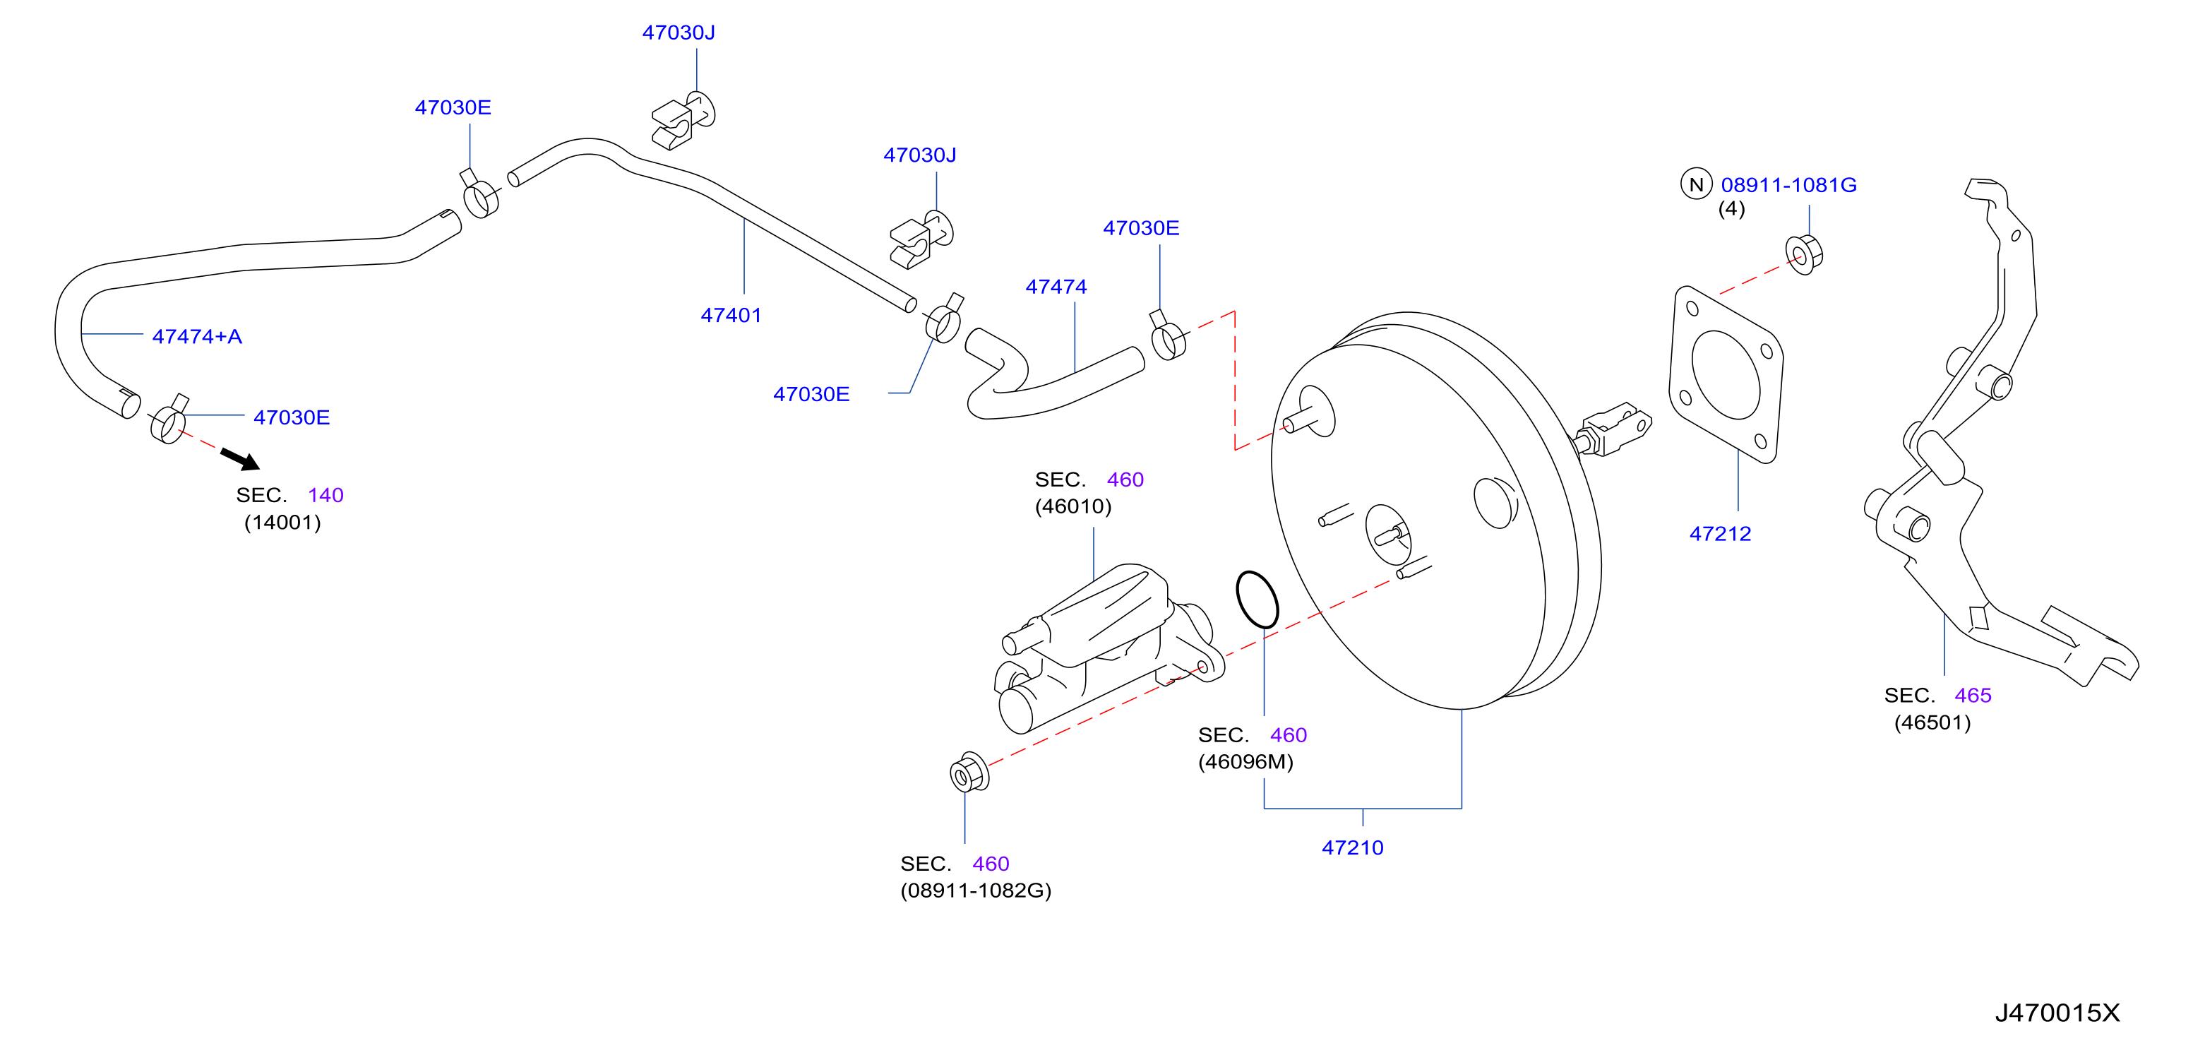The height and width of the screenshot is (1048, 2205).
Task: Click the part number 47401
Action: pyautogui.click(x=731, y=315)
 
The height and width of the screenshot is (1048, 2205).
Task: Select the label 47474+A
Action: pyautogui.click(x=197, y=336)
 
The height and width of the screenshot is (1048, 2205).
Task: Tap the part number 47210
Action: pyautogui.click(x=1353, y=847)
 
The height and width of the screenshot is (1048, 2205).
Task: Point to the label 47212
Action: pyautogui.click(x=1721, y=533)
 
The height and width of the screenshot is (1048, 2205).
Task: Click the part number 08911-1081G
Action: pyautogui.click(x=1789, y=185)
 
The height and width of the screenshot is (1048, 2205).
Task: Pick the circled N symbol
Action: pyautogui.click(x=1697, y=184)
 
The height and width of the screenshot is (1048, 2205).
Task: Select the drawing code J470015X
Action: pyautogui.click(x=2057, y=1013)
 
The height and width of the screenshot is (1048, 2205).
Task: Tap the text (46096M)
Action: pyautogui.click(x=1245, y=762)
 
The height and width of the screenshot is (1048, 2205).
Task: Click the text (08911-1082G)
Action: pyautogui.click(x=976, y=891)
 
